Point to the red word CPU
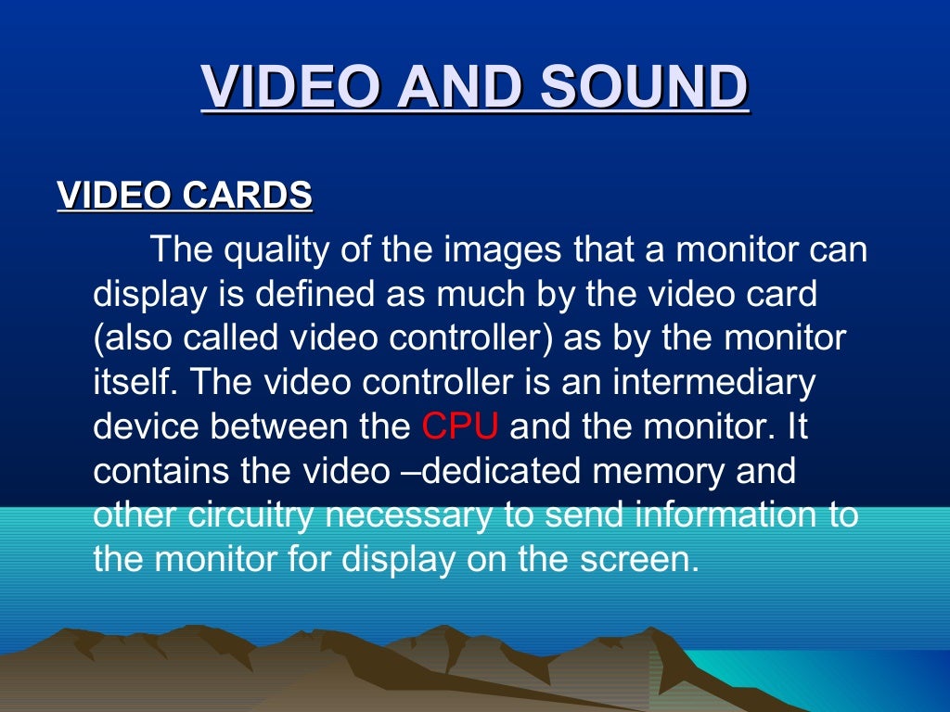pyautogui.click(x=460, y=426)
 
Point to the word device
pyautogui.click(x=145, y=426)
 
